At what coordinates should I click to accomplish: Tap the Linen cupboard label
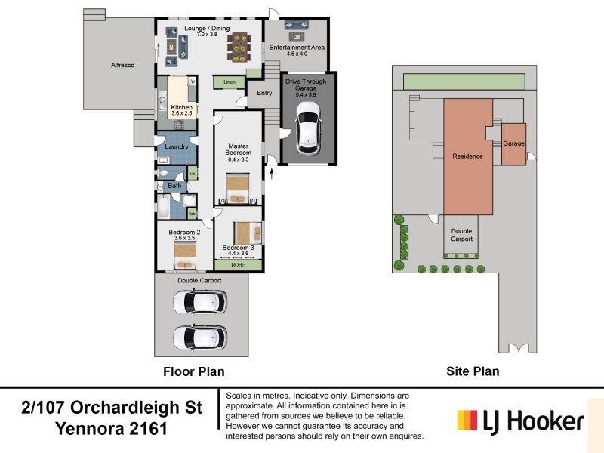pyautogui.click(x=229, y=82)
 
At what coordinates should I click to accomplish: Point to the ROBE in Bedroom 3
pyautogui.click(x=238, y=265)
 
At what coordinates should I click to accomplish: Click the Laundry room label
pyautogui.click(x=176, y=146)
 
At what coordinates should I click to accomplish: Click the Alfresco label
pyautogui.click(x=122, y=66)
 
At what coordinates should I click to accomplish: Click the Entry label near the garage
pyautogui.click(x=264, y=93)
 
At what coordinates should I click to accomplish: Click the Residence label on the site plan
pyautogui.click(x=467, y=156)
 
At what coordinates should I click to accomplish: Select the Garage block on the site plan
pyautogui.click(x=513, y=143)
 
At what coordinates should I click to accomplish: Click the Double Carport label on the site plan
pyautogui.click(x=462, y=235)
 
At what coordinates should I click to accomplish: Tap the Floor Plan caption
pyautogui.click(x=194, y=371)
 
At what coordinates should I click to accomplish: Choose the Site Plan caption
pyautogui.click(x=473, y=371)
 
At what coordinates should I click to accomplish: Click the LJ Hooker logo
pyautogui.click(x=521, y=421)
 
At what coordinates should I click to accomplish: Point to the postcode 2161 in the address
pyautogui.click(x=146, y=429)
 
